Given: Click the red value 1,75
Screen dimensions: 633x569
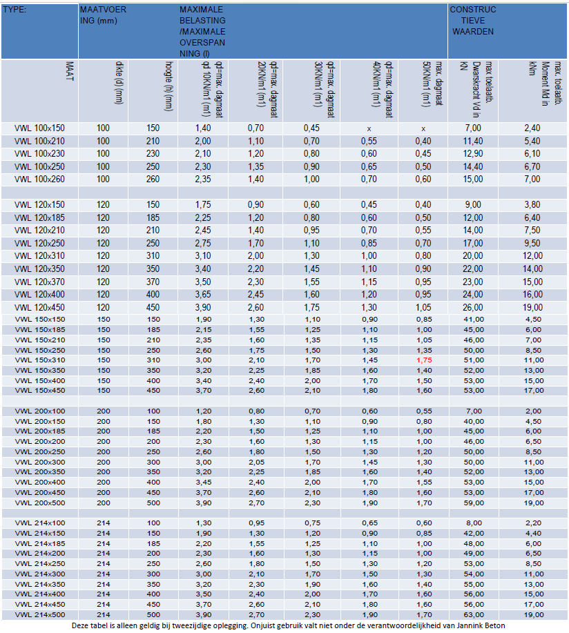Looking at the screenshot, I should click(423, 360).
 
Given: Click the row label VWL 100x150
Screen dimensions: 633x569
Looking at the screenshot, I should click(39, 128).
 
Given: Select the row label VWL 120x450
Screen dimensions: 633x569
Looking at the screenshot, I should click(39, 306).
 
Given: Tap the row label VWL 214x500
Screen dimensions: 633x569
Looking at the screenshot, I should click(39, 614).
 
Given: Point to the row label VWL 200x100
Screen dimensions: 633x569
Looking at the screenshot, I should click(39, 411).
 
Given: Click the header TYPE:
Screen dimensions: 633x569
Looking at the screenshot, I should click(15, 10).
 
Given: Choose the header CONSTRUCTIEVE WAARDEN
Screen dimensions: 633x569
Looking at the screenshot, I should click(473, 21).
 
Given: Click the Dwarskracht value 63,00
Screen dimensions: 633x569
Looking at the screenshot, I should click(472, 614).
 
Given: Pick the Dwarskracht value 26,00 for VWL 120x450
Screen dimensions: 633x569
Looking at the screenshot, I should click(472, 306).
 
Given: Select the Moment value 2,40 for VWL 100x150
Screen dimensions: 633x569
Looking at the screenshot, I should click(532, 128).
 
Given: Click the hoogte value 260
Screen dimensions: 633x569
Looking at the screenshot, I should click(153, 179).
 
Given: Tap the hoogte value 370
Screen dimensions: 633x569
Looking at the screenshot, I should click(153, 282).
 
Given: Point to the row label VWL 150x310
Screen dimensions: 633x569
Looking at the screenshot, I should click(39, 360).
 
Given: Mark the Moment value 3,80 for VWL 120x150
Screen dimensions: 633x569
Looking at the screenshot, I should click(532, 205).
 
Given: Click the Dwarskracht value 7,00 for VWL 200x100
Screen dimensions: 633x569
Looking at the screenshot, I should click(472, 411).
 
